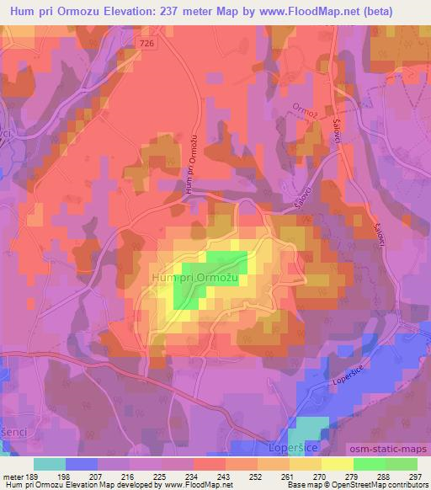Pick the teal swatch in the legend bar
50,464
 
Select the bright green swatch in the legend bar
370,464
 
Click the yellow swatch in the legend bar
338,464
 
